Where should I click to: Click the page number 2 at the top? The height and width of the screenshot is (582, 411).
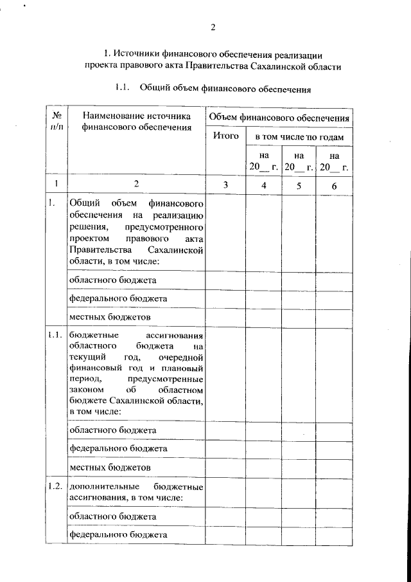(213, 26)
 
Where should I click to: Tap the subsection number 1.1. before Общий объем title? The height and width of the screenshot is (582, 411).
(123, 88)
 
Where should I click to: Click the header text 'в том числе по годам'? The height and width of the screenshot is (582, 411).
(299, 137)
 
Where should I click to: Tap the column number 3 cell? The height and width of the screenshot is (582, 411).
(225, 185)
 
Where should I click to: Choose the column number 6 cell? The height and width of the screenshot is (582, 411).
(334, 185)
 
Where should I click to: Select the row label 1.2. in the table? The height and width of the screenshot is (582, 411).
(55, 486)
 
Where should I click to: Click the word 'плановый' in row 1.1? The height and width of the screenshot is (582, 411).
(185, 368)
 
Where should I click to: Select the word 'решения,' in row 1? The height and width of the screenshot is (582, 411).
(87, 227)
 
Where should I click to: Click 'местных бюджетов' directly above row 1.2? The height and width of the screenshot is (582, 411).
(101, 467)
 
